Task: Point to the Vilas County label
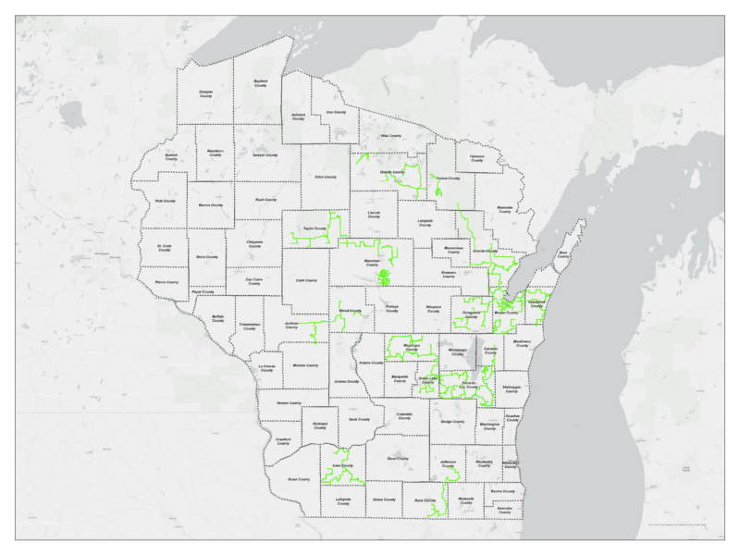(390, 136)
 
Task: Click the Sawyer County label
(266, 167)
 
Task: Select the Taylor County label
(314, 228)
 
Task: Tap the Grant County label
(299, 480)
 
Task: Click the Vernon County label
(290, 403)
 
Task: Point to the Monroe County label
(304, 366)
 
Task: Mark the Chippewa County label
(255, 243)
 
